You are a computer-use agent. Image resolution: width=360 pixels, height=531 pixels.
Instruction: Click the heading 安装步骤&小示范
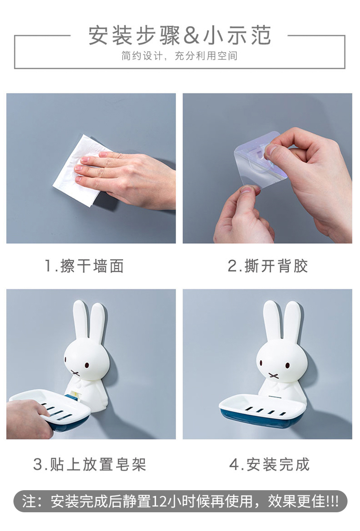tap(180, 35)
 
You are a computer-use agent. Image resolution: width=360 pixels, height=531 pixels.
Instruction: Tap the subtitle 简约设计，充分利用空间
tap(180, 56)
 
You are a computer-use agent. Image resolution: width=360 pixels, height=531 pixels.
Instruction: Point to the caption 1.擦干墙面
tap(84, 266)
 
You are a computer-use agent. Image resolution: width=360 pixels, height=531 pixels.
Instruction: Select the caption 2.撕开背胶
tap(267, 266)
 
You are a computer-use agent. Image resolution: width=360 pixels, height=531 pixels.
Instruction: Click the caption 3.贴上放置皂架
tap(89, 464)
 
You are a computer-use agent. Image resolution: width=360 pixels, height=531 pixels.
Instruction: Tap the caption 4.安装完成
tap(269, 464)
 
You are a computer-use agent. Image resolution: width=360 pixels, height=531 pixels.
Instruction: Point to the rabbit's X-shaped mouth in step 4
tap(273, 375)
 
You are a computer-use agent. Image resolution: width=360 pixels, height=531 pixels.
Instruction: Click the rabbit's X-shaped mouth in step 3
tap(75, 373)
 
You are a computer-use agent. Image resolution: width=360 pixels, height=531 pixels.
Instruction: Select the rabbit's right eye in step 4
tap(288, 366)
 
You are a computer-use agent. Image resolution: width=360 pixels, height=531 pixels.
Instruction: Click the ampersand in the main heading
tap(192, 36)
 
